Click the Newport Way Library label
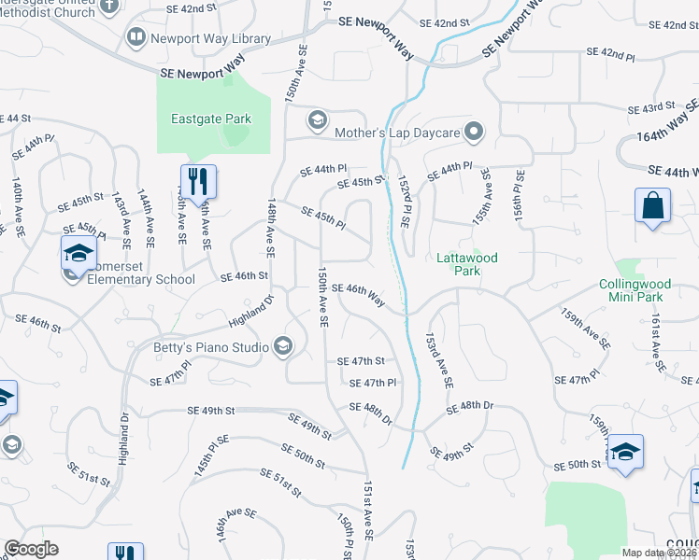(210, 39)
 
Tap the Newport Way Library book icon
(136, 37)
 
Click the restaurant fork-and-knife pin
(198, 180)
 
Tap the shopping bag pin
(652, 205)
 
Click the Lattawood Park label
(467, 264)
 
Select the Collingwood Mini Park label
(644, 290)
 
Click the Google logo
(31, 549)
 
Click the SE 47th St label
(362, 360)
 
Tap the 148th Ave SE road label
(270, 227)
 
